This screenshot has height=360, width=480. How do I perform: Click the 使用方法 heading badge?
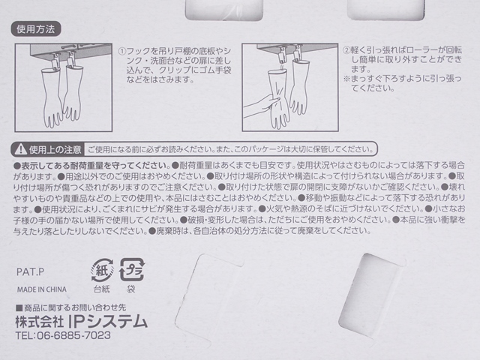click(36, 29)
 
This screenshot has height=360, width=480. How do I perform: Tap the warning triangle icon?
click(21, 149)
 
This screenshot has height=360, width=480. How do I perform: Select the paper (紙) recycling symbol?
click(102, 270)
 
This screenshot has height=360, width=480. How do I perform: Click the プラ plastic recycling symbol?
click(132, 270)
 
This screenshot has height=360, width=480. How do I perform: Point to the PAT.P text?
click(30, 271)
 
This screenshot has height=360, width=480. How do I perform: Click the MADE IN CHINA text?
click(42, 289)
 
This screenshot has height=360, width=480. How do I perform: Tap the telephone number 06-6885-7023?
click(73, 335)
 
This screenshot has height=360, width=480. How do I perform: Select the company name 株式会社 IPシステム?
click(82, 322)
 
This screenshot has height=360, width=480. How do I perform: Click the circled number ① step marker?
click(121, 51)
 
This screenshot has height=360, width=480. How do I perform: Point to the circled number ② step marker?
click(346, 50)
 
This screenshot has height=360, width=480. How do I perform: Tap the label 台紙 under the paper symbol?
click(101, 289)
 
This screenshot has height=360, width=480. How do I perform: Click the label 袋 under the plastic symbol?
click(131, 289)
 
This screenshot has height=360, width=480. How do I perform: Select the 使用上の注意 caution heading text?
click(55, 150)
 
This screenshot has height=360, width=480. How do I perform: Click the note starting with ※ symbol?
click(402, 83)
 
